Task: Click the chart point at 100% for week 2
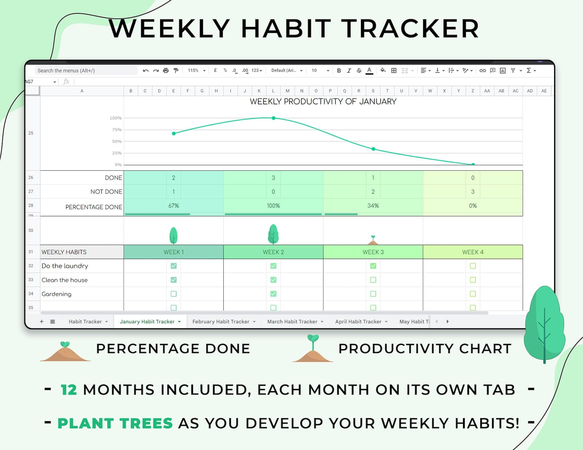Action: point(274,118)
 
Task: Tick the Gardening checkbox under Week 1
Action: point(174,294)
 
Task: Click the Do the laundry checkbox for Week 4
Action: point(473,266)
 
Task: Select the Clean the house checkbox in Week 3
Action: point(373,280)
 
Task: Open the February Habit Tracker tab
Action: point(221,321)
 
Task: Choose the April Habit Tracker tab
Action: point(358,321)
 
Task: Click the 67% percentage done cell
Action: point(174,206)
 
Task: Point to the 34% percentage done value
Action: point(373,206)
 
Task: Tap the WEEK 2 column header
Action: point(273,252)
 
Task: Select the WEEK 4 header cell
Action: point(473,252)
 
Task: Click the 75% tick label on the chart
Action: point(117,130)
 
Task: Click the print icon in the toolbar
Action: point(166,70)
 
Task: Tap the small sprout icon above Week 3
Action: point(373,240)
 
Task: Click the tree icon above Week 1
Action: point(174,235)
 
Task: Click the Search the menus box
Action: point(86,70)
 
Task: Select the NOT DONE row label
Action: point(106,192)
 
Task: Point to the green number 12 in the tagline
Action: point(69,390)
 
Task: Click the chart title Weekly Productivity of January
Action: point(323,102)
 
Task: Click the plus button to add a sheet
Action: point(41,321)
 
